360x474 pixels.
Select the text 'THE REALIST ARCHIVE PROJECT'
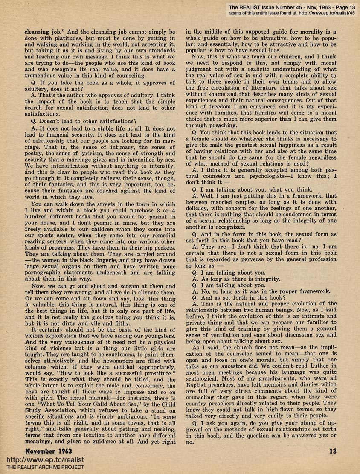(x=42, y=467)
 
